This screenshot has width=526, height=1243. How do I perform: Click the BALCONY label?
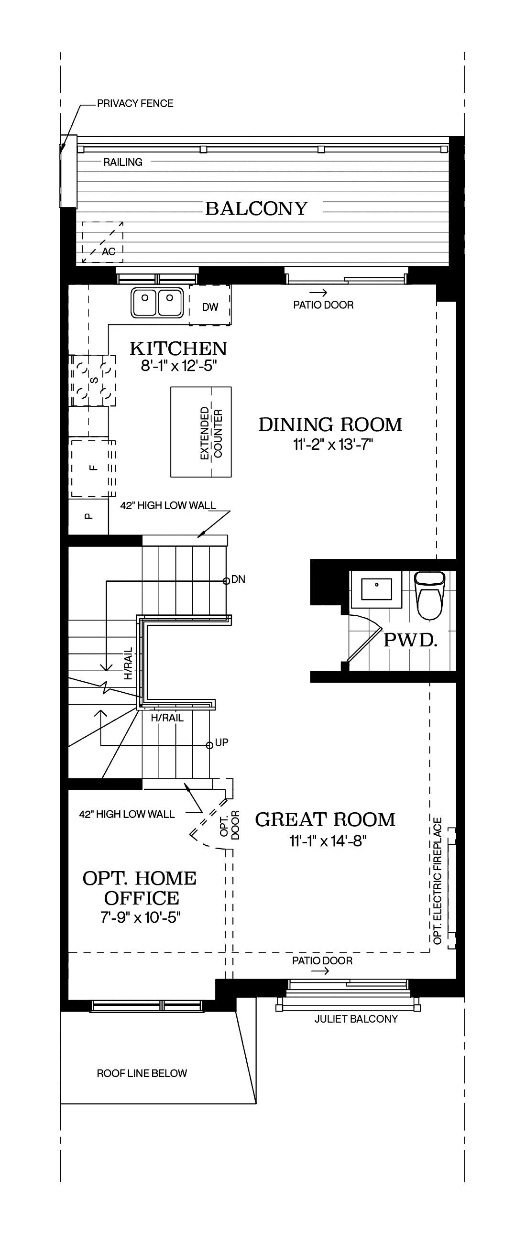[x=256, y=208]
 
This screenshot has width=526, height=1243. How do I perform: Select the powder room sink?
[x=376, y=589]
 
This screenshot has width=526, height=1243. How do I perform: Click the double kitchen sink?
[x=157, y=303]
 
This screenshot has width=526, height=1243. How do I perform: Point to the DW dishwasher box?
[x=209, y=305]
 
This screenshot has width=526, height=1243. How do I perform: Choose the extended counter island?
[x=201, y=432]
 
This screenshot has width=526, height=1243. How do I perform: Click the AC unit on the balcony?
[x=102, y=242]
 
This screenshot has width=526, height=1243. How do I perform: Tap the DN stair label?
[x=239, y=579]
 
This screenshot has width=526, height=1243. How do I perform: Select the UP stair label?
[x=221, y=742]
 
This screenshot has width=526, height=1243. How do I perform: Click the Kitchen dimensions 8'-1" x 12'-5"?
[x=178, y=366]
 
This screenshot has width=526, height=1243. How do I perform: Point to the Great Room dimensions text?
[x=328, y=841]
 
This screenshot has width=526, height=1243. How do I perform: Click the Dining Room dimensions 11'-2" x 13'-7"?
[x=333, y=444]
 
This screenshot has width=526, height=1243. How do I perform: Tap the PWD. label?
[x=410, y=640]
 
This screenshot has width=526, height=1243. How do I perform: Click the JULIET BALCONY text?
[x=356, y=1019]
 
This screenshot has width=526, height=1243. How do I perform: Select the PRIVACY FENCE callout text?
[x=135, y=103]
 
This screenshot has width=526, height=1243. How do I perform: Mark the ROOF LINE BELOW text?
[x=142, y=1073]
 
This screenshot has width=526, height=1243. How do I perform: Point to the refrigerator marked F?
[x=93, y=468]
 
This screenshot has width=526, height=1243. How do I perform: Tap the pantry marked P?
[x=88, y=516]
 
